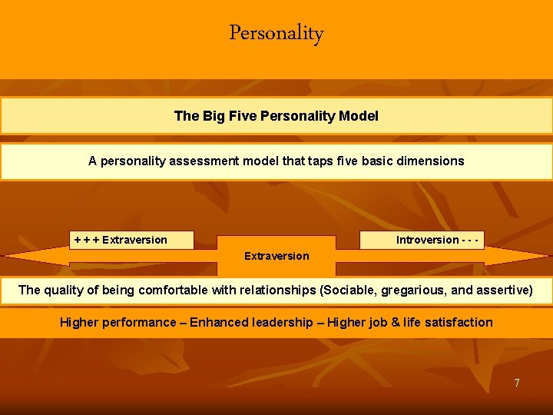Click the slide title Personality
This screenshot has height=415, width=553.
point(276,34)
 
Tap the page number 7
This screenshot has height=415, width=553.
point(517,383)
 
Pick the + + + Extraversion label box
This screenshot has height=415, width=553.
point(131,240)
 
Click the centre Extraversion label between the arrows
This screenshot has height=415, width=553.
point(276,256)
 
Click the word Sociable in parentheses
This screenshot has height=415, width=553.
point(348,290)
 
